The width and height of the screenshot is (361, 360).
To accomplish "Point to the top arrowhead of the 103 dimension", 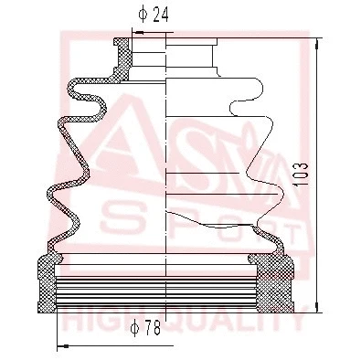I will pos(314,40).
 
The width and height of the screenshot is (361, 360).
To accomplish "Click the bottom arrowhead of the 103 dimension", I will pos(314,306).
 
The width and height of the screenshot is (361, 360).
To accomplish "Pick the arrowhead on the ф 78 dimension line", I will pos(61,346).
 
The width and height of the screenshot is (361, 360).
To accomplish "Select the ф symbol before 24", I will pos(142,14).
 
